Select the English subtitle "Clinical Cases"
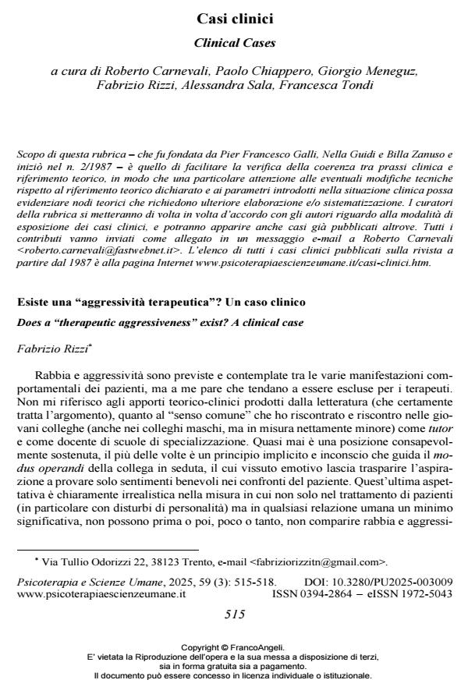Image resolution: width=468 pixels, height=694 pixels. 234,43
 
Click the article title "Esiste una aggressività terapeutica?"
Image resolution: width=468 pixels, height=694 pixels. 161,301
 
